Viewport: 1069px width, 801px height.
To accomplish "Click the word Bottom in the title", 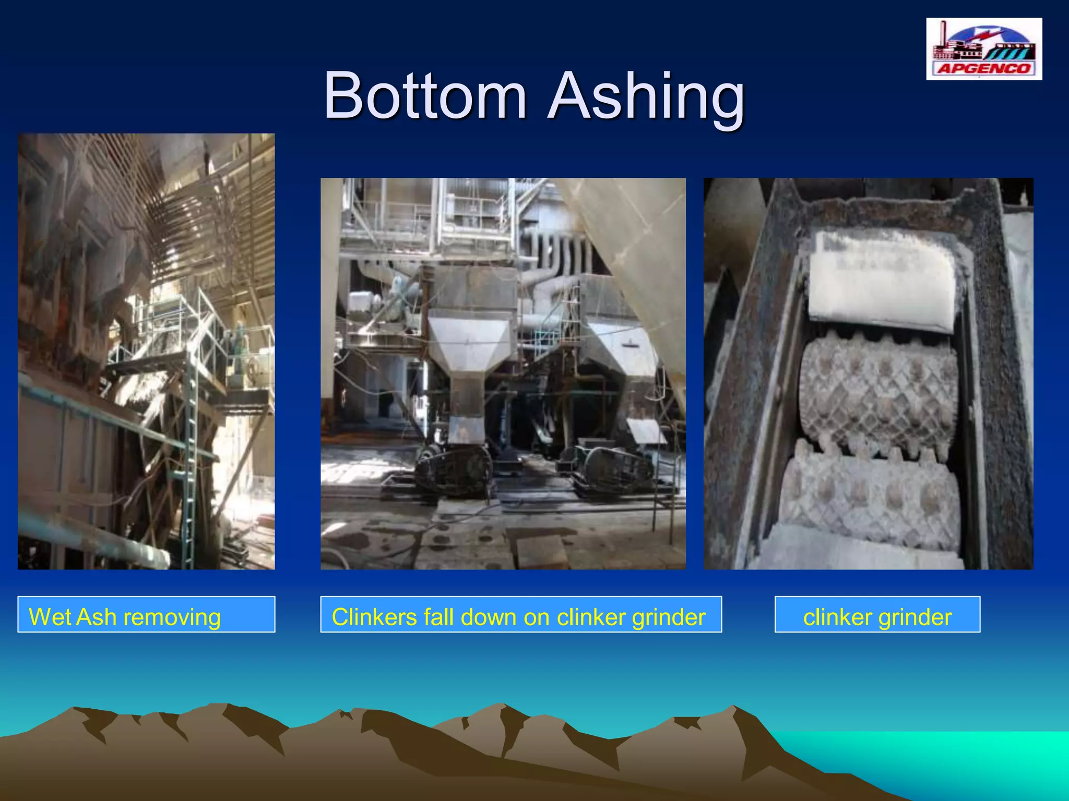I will [425, 96].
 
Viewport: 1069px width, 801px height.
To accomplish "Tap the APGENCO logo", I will [984, 49].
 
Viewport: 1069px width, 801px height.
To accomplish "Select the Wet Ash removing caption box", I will [146, 614].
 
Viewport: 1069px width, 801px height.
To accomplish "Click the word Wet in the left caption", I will [50, 617].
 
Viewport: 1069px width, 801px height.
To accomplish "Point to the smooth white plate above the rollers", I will [882, 282].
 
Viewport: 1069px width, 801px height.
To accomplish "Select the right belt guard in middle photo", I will [616, 467].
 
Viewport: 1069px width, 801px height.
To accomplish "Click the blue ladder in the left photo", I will [191, 459].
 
